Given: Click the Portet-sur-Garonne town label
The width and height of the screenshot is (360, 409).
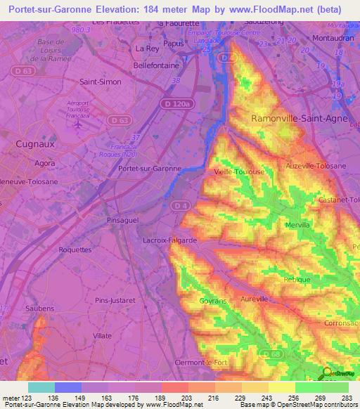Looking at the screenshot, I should click(150, 169).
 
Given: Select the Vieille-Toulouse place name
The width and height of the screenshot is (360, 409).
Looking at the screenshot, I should click(239, 171).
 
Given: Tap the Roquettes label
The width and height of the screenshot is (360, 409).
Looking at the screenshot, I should click(75, 249).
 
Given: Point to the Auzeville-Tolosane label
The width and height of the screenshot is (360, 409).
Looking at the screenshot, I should click(316, 166).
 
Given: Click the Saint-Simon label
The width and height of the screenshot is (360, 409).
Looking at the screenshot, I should click(101, 82).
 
